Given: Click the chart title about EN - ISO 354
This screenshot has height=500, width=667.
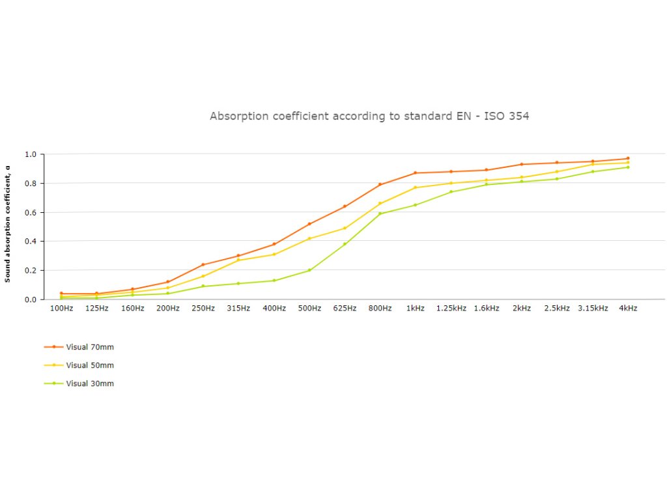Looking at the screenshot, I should point(369,117).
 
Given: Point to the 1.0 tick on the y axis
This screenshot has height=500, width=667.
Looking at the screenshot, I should point(31,154).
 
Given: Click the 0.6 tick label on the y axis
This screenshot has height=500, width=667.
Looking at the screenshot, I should point(31,212).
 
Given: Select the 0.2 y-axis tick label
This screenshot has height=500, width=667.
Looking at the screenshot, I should point(31,270).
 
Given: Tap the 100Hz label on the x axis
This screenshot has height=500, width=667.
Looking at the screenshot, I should point(62,309).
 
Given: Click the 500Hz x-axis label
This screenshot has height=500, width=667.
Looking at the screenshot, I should point(309,309).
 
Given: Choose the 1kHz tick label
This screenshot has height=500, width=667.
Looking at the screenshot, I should point(416,309).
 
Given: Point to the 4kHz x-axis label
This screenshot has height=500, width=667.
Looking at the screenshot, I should point(628,309).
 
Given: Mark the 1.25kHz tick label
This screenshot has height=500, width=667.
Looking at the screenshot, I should point(451,309).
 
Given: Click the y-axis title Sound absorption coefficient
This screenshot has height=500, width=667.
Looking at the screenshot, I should point(8,223).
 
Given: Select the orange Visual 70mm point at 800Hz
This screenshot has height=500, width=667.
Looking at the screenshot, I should point(380,184).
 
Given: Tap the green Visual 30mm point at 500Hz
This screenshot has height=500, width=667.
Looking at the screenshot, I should point(309,270).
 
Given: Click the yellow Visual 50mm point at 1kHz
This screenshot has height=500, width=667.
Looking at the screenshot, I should point(416,187).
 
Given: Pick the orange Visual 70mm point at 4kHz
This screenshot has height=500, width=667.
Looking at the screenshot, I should point(628,158).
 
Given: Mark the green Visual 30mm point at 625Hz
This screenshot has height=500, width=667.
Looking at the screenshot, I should point(345,244).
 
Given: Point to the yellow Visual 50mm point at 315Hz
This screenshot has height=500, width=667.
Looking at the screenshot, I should point(238,260).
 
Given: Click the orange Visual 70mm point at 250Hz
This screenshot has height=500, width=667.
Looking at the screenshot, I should point(203,264).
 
